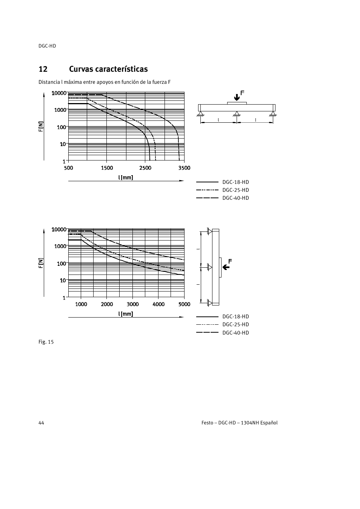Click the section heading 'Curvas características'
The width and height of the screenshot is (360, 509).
click(108, 69)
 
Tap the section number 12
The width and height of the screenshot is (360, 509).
click(43, 69)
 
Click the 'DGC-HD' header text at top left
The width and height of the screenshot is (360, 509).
click(47, 46)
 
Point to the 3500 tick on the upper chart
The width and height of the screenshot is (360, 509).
click(184, 168)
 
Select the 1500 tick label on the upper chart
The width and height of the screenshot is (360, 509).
click(107, 168)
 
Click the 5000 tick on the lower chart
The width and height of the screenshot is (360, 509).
click(184, 304)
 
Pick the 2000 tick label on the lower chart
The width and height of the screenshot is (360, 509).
click(107, 304)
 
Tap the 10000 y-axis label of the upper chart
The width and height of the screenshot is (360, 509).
click(59, 93)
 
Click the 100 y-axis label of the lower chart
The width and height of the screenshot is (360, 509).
click(62, 264)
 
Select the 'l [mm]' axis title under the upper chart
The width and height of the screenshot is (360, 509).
click(126, 177)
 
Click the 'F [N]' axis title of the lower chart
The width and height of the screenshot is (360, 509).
click(41, 263)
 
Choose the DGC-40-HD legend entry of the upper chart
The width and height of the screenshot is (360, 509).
click(235, 198)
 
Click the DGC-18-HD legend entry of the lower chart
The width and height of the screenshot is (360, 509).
click(235, 316)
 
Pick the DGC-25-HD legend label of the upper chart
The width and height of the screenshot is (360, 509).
click(235, 190)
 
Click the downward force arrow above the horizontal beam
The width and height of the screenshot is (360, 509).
click(237, 97)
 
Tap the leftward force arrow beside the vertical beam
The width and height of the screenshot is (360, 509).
click(226, 267)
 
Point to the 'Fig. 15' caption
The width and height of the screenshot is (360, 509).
click(46, 342)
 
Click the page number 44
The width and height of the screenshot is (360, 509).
click(41, 423)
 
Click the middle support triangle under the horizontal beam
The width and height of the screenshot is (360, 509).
click(237, 114)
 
